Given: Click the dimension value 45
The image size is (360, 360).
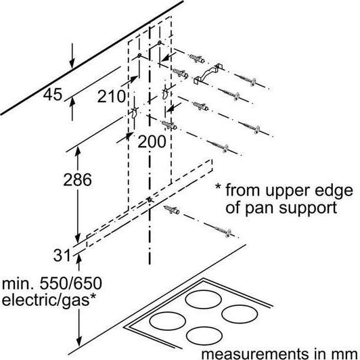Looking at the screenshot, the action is coord(53,94).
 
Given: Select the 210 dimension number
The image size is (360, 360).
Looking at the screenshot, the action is coord(111,96).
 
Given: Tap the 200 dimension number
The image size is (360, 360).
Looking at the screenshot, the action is coord(152,141).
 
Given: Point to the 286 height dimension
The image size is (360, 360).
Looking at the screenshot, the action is coord(77,179).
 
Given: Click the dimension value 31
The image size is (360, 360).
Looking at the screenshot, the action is coord(62,255).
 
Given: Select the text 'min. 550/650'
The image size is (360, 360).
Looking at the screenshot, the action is coord(52,284).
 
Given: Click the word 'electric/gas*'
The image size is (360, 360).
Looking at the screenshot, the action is coord(49,300).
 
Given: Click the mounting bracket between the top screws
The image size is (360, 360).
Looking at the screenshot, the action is coord(208,73).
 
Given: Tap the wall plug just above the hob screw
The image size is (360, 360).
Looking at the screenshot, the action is coord(172,210).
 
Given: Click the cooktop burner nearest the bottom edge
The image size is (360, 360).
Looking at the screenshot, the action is coord(204,336).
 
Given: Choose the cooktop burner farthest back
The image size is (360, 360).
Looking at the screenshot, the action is coord(204,299).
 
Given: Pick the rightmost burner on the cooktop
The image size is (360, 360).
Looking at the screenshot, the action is coord(240,314).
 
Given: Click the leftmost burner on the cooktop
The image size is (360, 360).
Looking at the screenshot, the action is coord(167,321).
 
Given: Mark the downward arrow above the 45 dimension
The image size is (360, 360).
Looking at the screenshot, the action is coord(72,55).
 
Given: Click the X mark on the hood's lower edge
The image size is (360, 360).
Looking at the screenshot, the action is coord(150,200).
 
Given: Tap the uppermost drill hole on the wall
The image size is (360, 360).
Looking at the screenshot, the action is coord(159,43).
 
